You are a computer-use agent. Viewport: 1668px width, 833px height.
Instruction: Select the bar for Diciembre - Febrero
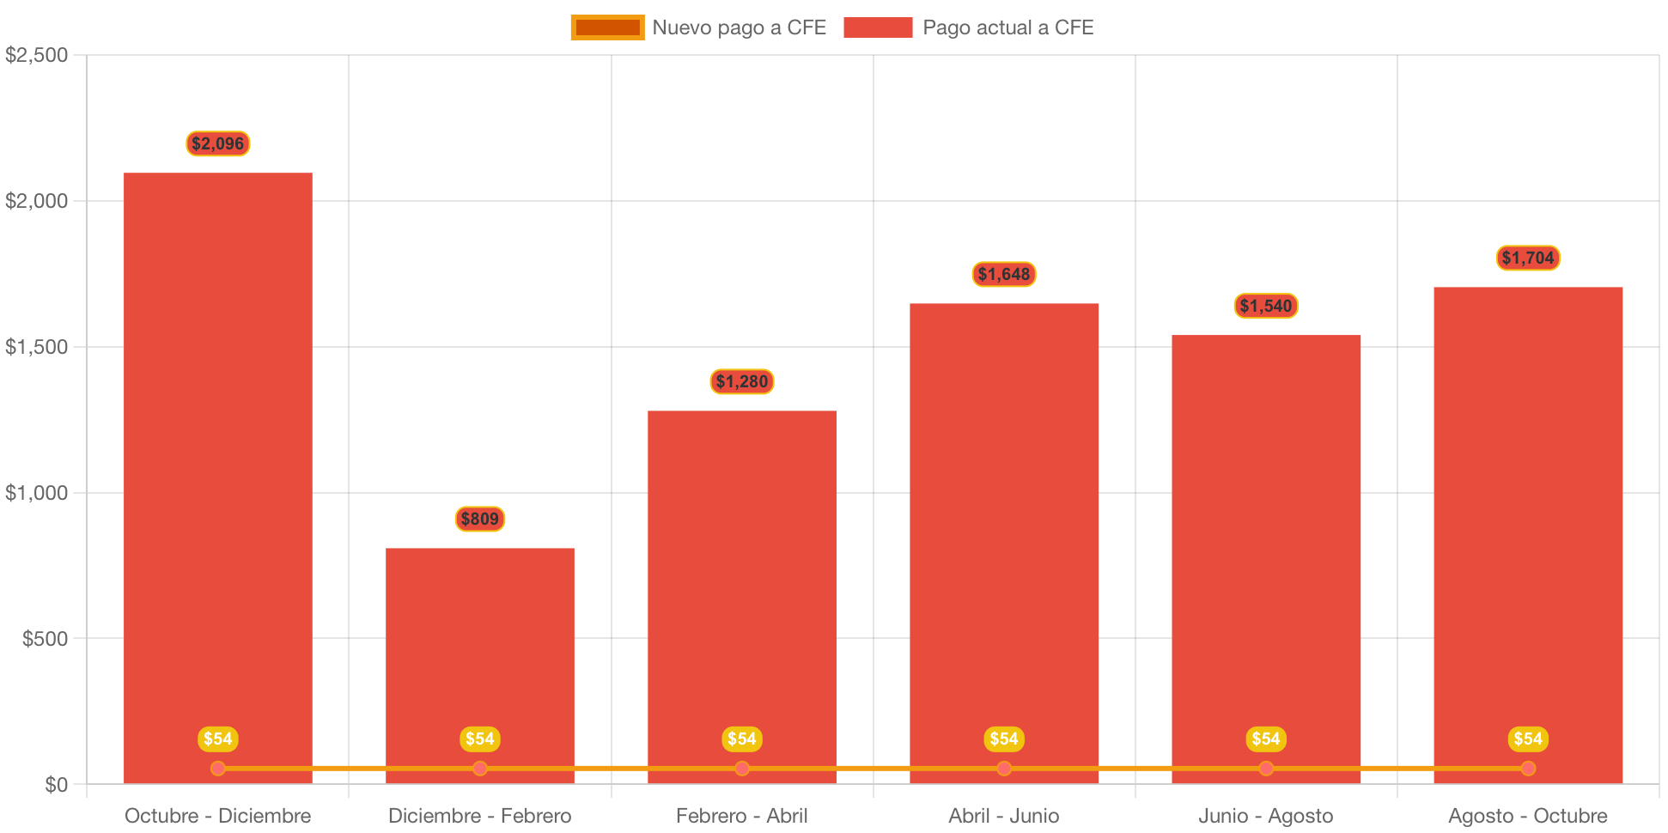480,653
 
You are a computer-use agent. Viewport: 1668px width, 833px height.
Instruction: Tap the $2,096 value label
218,143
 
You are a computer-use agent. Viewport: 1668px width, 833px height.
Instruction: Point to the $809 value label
480,519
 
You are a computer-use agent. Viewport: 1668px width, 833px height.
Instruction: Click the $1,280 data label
742,381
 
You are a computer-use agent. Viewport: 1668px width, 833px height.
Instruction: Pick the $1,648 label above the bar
1004,274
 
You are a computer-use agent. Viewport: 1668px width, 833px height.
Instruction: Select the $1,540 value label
1266,306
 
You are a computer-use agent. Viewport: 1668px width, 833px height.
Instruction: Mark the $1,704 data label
1528,258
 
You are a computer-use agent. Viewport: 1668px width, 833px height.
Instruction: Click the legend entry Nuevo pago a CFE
739,27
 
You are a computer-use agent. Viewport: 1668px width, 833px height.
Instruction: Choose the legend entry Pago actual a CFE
1007,27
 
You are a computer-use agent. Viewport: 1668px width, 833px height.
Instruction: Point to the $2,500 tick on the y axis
37,55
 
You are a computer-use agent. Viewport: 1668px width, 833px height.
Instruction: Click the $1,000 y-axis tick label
37,493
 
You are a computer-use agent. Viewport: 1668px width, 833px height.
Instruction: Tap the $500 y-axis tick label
45,639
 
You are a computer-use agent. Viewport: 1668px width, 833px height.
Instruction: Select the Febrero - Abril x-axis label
742,815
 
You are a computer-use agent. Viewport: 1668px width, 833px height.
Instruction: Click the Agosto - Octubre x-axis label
1528,815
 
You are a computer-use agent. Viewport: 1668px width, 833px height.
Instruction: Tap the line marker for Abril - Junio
1004,768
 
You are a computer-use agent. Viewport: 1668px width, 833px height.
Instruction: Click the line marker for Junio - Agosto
1266,768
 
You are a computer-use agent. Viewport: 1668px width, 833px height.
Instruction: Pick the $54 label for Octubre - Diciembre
218,739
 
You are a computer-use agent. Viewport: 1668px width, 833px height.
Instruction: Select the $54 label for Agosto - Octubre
1528,739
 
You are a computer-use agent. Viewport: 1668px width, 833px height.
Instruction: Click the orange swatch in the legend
607,27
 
